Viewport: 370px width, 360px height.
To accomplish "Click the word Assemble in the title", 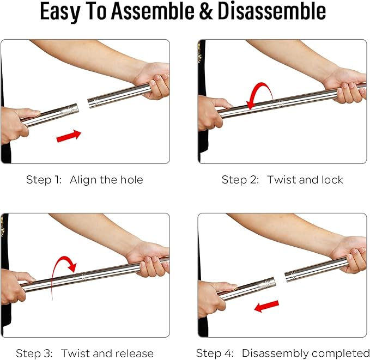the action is pos(153,11).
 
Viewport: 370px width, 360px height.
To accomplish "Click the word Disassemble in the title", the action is pos(272,11).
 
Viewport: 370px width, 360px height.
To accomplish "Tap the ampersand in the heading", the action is pos(206,11).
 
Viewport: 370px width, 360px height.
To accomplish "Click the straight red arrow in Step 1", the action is pos(69,136).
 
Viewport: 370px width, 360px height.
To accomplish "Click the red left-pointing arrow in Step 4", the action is pos(266,306).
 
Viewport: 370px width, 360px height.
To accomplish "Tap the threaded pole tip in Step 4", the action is pos(268,283).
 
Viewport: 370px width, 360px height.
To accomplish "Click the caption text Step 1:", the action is pos(44,180).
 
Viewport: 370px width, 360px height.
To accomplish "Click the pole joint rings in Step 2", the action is pos(281,103).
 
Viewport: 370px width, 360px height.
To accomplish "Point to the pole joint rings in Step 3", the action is pos(84,277).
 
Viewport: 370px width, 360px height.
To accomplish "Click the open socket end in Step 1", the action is pos(91,103).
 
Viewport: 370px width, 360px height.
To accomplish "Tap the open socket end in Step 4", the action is pos(288,277).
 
